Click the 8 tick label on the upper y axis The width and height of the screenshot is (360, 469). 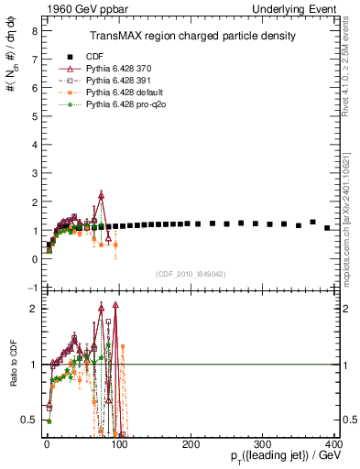click(33, 30)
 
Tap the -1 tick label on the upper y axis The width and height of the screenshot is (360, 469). click(31, 288)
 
